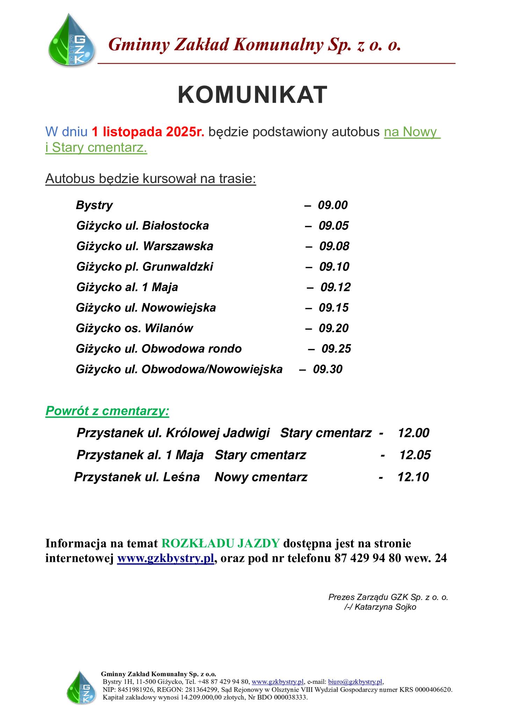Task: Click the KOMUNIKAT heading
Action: (x=252, y=95)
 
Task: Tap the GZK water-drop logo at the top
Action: (x=72, y=41)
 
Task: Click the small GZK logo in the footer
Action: (x=81, y=687)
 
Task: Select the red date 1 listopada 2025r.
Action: (x=148, y=132)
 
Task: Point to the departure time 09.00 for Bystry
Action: (x=333, y=205)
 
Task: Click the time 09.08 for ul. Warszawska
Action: (x=334, y=246)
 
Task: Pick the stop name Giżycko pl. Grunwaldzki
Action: (x=145, y=267)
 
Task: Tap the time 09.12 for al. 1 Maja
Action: (x=335, y=287)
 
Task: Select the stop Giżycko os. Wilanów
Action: (x=135, y=328)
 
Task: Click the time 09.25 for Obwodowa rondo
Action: (x=336, y=349)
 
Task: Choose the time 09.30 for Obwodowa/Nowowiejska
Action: (x=328, y=369)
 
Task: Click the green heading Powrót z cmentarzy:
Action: (x=107, y=411)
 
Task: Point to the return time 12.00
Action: (x=414, y=433)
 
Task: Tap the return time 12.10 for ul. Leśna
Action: (x=413, y=477)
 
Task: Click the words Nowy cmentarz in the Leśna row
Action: (x=261, y=477)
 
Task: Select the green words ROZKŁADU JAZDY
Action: (x=221, y=543)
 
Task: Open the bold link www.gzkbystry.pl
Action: (x=165, y=558)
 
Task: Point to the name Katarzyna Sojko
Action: (x=380, y=607)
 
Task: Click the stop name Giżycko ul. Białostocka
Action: (x=143, y=226)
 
